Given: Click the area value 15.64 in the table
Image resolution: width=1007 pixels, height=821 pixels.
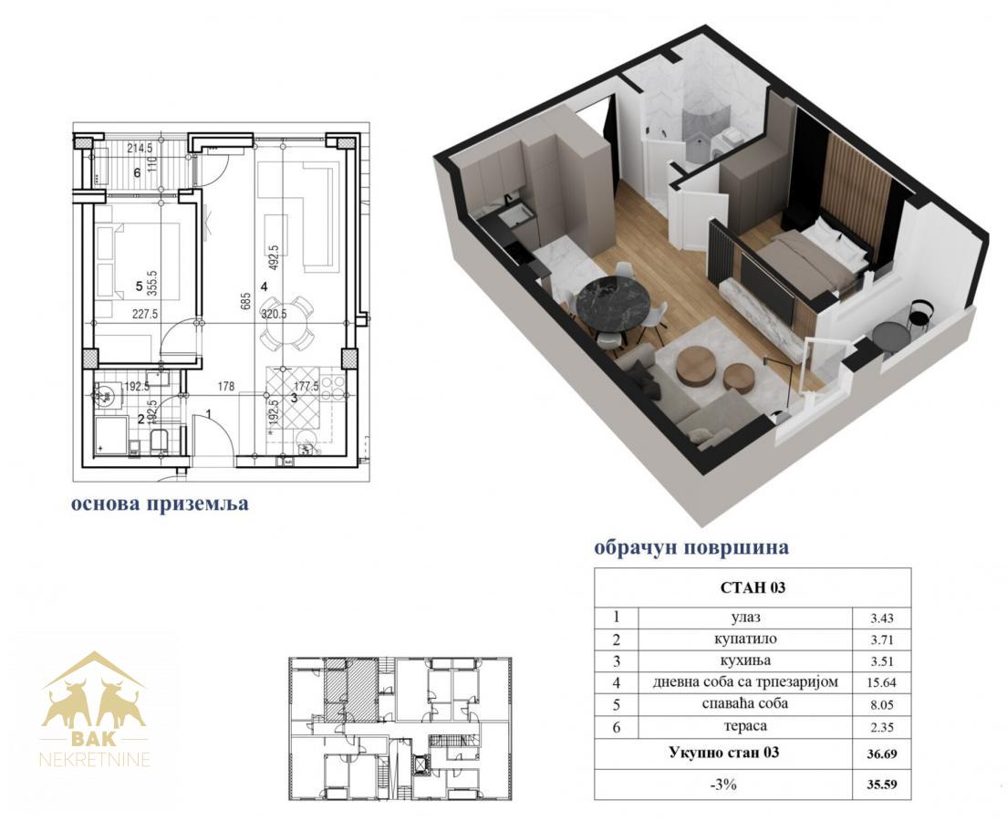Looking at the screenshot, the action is pyautogui.click(x=882, y=683).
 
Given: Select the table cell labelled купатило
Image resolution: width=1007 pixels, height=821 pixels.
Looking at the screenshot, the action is pyautogui.click(x=745, y=639).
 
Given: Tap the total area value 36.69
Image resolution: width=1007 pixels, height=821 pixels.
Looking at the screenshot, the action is pyautogui.click(x=882, y=754).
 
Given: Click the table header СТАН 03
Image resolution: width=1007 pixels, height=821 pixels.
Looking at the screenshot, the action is pyautogui.click(x=753, y=587).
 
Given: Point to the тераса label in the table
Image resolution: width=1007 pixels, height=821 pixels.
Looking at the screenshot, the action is pyautogui.click(x=745, y=726).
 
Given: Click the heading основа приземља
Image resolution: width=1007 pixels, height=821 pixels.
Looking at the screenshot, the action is pyautogui.click(x=160, y=504).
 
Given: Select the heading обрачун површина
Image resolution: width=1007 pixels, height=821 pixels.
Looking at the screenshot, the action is pyautogui.click(x=691, y=548).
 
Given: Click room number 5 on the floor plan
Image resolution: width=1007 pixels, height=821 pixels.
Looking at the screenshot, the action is pyautogui.click(x=140, y=286).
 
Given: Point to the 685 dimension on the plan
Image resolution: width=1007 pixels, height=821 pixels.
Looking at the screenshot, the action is pyautogui.click(x=244, y=300).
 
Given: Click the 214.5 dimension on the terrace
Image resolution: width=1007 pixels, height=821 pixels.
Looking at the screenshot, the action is pyautogui.click(x=140, y=149).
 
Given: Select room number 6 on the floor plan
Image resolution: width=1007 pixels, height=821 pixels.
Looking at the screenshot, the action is pyautogui.click(x=137, y=172).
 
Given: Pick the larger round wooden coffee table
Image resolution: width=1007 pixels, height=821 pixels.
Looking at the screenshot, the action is pyautogui.click(x=696, y=367).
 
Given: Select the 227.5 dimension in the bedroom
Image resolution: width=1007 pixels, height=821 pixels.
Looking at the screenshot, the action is pyautogui.click(x=145, y=314).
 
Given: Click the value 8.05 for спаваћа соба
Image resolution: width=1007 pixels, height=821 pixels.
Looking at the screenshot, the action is pyautogui.click(x=882, y=705).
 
